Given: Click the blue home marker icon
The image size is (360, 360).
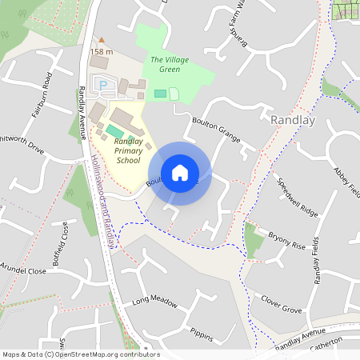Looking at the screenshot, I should click(180, 173).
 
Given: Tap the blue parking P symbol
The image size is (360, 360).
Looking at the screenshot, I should click(102, 83).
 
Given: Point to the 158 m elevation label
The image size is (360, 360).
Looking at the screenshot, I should click(102, 52).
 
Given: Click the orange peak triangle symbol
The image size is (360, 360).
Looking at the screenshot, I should click(101, 40).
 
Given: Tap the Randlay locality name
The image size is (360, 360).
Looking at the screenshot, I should click(294, 120).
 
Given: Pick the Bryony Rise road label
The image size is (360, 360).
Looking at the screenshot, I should click(287, 241).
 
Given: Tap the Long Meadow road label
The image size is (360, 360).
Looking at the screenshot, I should click(154, 301).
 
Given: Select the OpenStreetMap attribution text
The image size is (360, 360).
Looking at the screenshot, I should click(81, 354).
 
